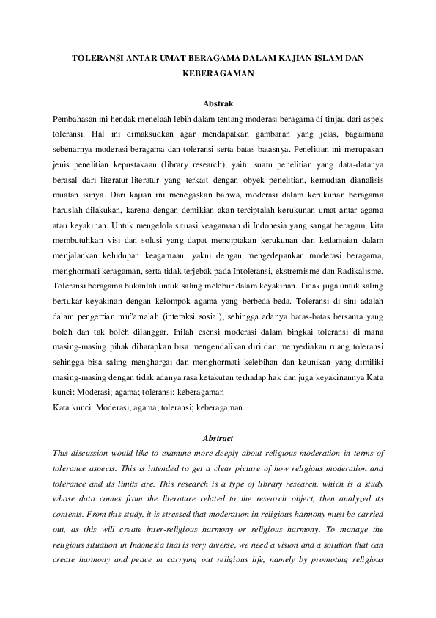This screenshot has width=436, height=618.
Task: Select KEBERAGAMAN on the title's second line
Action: pyautogui.click(x=218, y=74)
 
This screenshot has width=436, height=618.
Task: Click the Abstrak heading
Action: pyautogui.click(x=218, y=104)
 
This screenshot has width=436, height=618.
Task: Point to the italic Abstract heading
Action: pyautogui.click(x=218, y=438)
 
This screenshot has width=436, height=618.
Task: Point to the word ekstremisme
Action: pyautogui.click(x=306, y=271)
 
